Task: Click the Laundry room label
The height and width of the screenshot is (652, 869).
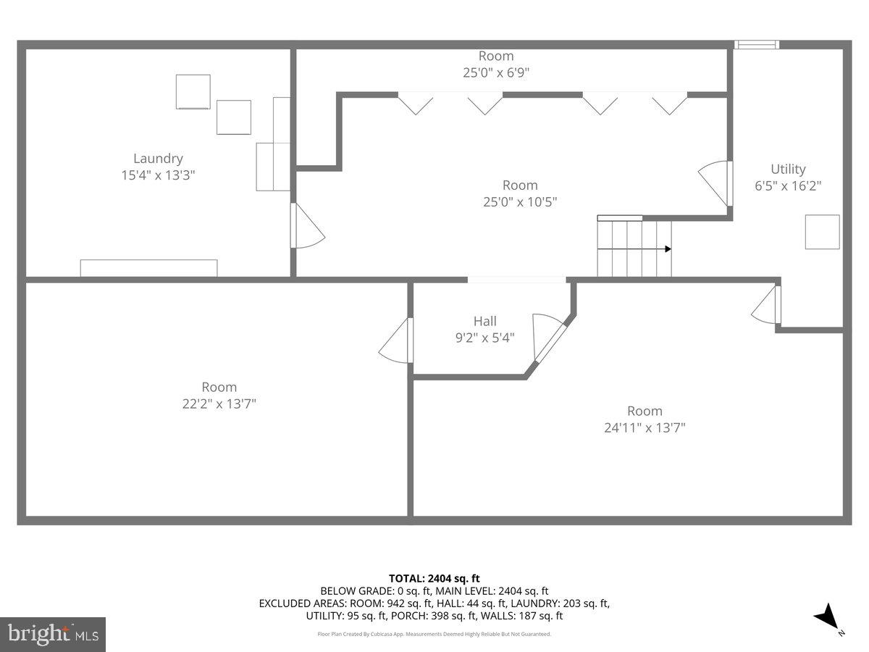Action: (158, 159)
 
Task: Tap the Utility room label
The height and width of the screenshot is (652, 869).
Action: (788, 169)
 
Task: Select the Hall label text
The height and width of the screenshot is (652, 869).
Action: (485, 321)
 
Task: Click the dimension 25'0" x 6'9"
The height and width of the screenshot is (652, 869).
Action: (496, 72)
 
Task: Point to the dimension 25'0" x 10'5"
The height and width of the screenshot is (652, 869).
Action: (519, 201)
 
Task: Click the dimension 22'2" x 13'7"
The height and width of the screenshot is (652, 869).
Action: (219, 404)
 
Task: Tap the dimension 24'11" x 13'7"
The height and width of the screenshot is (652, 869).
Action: (645, 427)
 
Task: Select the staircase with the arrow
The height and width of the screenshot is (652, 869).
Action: (634, 248)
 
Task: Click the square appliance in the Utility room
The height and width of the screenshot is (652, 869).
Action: (823, 232)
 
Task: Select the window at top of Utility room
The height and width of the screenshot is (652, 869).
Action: (757, 45)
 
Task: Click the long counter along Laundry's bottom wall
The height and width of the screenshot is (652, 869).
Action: (148, 267)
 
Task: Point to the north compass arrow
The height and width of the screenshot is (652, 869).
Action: (826, 618)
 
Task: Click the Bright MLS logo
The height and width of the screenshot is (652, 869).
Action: (53, 634)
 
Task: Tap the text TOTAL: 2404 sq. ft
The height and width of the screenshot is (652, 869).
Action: (434, 578)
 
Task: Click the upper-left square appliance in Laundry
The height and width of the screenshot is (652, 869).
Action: (193, 92)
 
